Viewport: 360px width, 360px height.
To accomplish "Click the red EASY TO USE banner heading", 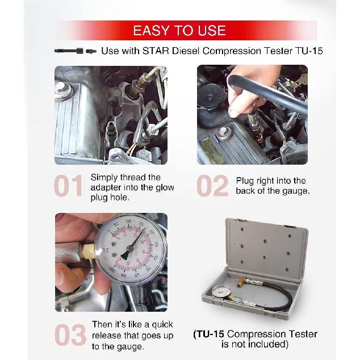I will (x=179, y=30).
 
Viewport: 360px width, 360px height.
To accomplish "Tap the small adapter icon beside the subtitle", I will (x=76, y=51).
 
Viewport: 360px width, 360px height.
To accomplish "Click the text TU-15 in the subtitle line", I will (x=309, y=51).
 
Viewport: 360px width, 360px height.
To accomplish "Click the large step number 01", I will (x=69, y=187).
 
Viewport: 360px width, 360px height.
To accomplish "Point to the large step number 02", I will (x=212, y=187).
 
